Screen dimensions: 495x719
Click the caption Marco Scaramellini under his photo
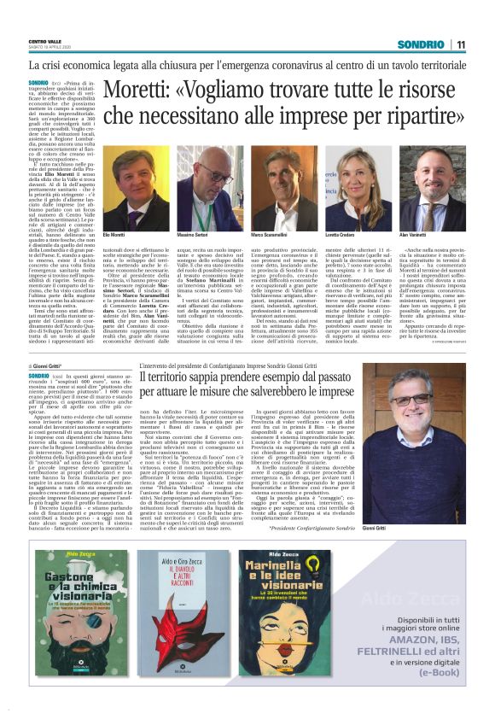(271, 234)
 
